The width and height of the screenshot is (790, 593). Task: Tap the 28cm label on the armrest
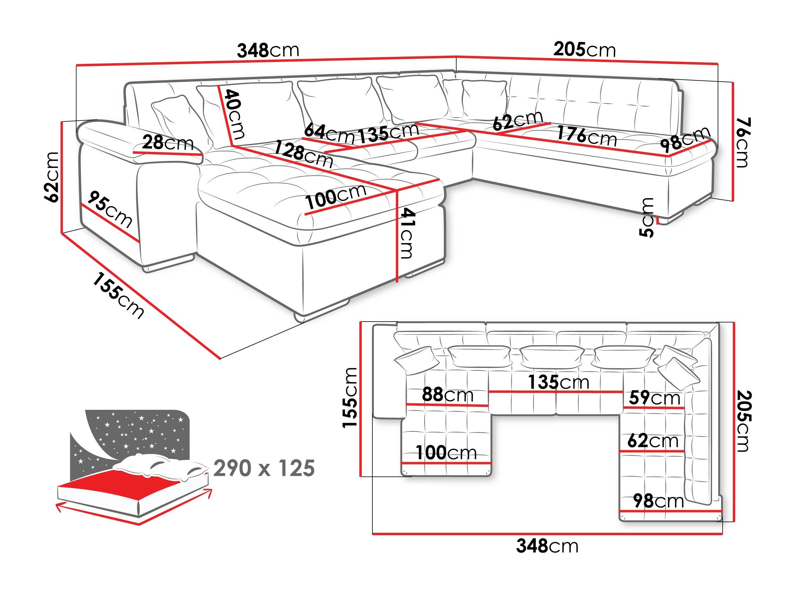pyautogui.click(x=167, y=143)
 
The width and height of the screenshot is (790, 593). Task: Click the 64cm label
pyautogui.click(x=329, y=133)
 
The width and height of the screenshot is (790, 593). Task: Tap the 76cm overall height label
pyautogui.click(x=743, y=142)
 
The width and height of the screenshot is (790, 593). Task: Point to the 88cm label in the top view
pyautogui.click(x=448, y=395)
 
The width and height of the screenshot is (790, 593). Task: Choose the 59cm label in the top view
pyautogui.click(x=654, y=398)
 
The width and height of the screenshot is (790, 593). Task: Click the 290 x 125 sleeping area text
pyautogui.click(x=264, y=468)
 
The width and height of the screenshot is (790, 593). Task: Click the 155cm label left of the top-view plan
pyautogui.click(x=350, y=398)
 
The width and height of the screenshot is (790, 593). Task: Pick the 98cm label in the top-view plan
pyautogui.click(x=658, y=501)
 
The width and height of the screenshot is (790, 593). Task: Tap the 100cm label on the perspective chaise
pyautogui.click(x=336, y=196)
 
